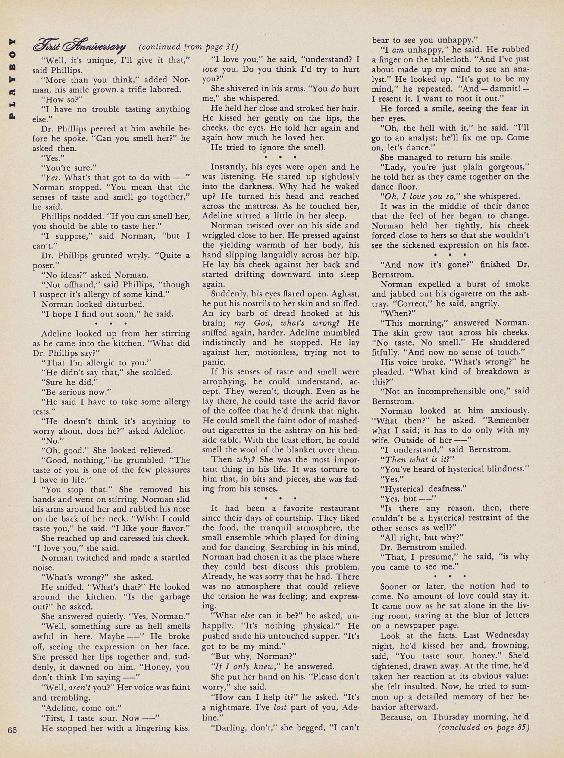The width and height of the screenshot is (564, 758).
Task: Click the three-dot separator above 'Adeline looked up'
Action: [111, 323]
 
